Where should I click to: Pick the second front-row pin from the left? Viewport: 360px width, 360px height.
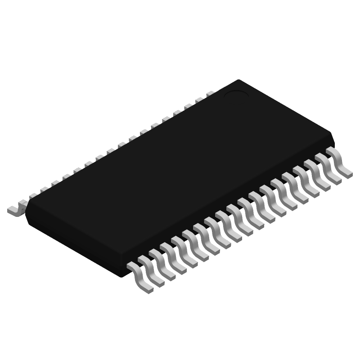[x=151, y=270]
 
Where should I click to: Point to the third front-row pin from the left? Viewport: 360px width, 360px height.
[x=162, y=264]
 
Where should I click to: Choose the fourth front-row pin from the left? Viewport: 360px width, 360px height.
[x=173, y=258]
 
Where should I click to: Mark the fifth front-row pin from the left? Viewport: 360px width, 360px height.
[x=184, y=252]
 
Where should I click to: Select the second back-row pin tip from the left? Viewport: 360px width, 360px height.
[x=32, y=196]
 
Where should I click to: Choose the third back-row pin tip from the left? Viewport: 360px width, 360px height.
[x=44, y=190]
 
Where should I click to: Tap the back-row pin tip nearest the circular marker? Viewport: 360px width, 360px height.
[x=210, y=94]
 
